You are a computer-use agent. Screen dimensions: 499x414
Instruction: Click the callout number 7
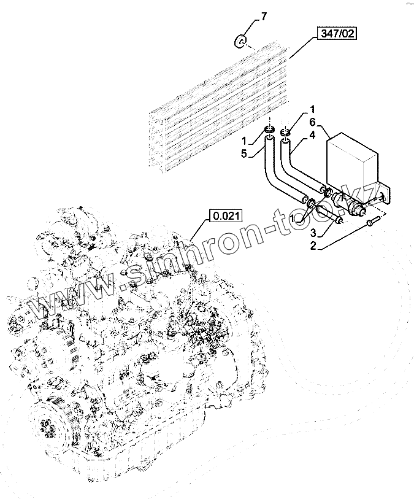264,17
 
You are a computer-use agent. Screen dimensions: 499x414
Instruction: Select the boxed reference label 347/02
337,34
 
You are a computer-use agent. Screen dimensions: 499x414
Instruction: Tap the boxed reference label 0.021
226,215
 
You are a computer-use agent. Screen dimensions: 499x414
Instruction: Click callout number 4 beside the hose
312,134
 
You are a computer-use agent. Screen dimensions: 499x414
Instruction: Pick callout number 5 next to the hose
244,153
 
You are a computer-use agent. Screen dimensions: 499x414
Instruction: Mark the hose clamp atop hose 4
285,132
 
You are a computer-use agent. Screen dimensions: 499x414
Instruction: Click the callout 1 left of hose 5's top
244,141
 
